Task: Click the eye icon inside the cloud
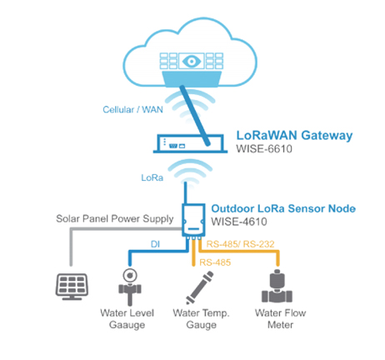pyautogui.click(x=192, y=61)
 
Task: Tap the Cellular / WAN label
pyautogui.click(x=132, y=109)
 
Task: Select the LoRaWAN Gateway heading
pyautogui.click(x=294, y=136)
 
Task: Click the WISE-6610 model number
pyautogui.click(x=264, y=149)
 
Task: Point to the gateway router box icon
pyautogui.click(x=190, y=143)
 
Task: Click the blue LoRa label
pyautogui.click(x=152, y=177)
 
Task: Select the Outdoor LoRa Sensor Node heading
pyautogui.click(x=283, y=208)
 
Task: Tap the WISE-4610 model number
pyautogui.click(x=239, y=222)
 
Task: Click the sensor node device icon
pyautogui.click(x=193, y=220)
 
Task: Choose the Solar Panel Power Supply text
pyautogui.click(x=115, y=219)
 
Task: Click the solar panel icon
pyautogui.click(x=72, y=287)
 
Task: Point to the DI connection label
pyautogui.click(x=155, y=244)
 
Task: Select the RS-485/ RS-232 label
pyautogui.click(x=240, y=244)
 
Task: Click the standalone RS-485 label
pyautogui.click(x=215, y=262)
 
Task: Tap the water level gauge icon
pyautogui.click(x=130, y=287)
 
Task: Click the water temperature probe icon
pyautogui.click(x=200, y=287)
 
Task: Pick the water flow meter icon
pyautogui.click(x=277, y=286)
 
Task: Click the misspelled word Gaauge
pyautogui.click(x=127, y=325)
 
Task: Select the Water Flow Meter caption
pyautogui.click(x=280, y=319)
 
